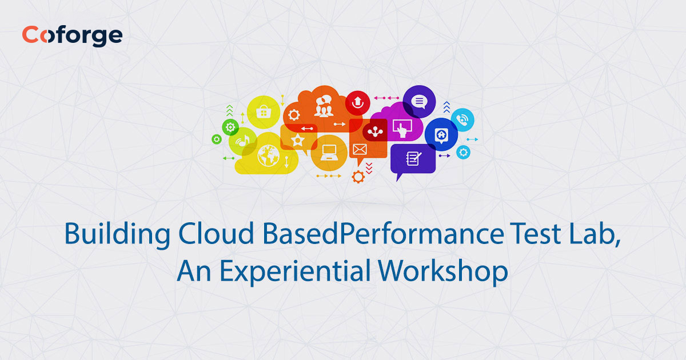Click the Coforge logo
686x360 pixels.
(72, 35)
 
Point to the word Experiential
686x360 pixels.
(297, 271)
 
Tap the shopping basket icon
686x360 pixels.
(263, 111)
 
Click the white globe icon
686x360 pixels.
(267, 154)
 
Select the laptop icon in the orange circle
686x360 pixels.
(329, 152)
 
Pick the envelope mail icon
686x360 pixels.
(359, 150)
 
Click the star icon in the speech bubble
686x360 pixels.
(297, 140)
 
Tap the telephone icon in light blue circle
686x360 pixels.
(462, 120)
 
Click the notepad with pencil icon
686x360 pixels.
(413, 158)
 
